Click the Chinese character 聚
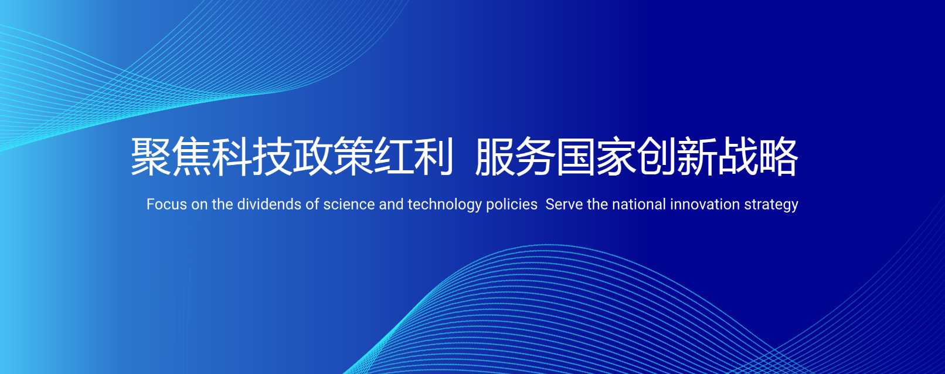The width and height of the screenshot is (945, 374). click(x=151, y=156)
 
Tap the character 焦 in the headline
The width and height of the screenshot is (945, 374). click(x=191, y=156)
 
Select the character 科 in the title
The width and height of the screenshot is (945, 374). click(x=232, y=156)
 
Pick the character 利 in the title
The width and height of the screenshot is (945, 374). click(x=434, y=156)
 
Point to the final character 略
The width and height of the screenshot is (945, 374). click(x=778, y=156)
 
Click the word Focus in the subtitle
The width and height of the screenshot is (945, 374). click(x=166, y=204)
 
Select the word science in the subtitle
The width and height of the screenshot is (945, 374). click(x=349, y=204)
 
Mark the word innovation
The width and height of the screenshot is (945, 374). click(x=705, y=204)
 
